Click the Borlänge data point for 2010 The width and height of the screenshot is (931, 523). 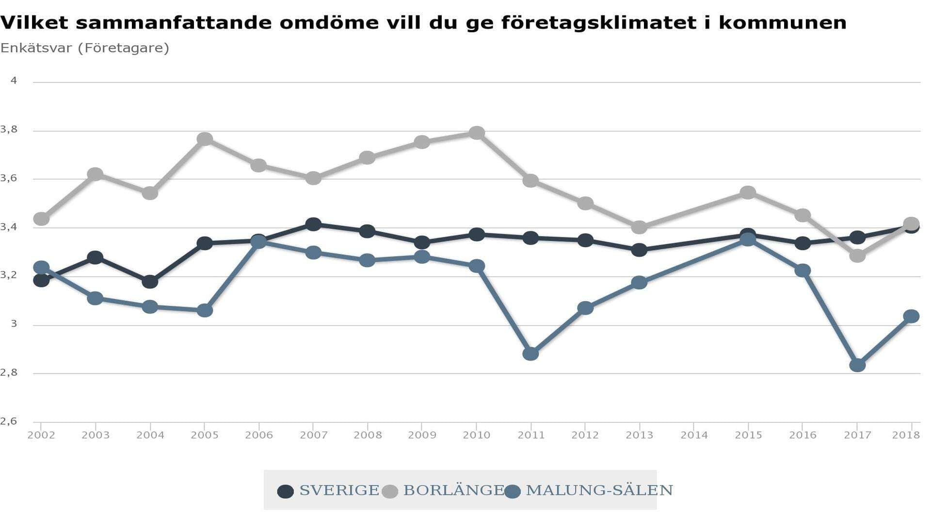pos(477,133)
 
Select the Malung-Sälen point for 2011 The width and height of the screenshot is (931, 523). pos(531,353)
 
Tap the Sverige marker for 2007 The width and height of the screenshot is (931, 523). pos(313,224)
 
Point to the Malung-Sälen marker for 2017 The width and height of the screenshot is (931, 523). pos(857,365)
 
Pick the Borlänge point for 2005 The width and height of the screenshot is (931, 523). pos(205,139)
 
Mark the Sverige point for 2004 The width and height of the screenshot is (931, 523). pos(150,282)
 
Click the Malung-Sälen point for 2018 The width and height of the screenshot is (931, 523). pos(911,317)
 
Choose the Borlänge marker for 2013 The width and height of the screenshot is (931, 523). pos(639,227)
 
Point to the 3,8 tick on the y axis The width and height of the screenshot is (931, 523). pos(9,129)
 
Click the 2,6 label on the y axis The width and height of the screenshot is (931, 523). pos(9,421)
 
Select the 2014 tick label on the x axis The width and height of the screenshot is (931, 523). pos(694,435)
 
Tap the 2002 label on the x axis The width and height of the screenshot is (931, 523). pos(41,435)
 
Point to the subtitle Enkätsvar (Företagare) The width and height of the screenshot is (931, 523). pos(85,48)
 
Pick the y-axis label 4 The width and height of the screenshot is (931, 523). pos(14,80)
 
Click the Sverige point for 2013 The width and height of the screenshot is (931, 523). pos(639,250)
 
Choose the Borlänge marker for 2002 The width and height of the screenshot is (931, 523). pos(41,219)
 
